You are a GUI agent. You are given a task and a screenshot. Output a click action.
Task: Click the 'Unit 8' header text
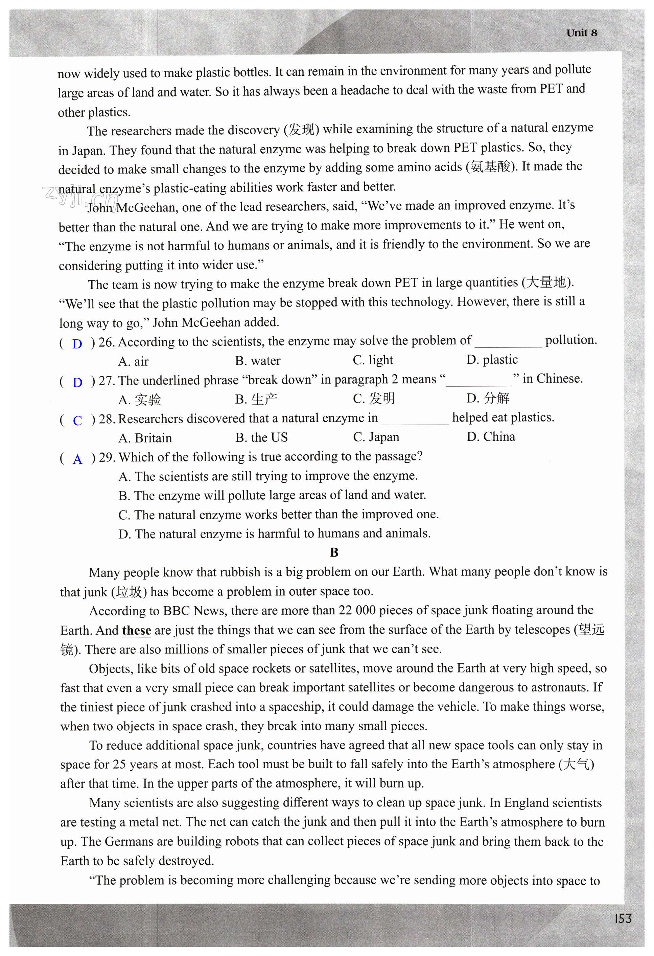(x=582, y=33)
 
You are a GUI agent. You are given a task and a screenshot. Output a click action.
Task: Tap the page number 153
(x=623, y=918)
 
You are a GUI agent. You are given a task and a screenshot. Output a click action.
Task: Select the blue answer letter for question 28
(x=77, y=420)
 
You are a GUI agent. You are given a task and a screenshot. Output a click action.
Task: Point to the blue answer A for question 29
(x=77, y=459)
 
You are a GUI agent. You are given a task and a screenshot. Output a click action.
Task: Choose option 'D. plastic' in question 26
(x=492, y=360)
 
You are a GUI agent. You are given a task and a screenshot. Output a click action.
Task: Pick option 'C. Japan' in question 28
(x=376, y=437)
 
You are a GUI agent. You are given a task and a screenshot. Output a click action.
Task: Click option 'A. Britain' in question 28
(x=145, y=438)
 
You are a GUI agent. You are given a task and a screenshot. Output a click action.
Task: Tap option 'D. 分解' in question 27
(x=488, y=398)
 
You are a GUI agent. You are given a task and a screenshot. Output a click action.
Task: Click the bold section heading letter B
(x=334, y=552)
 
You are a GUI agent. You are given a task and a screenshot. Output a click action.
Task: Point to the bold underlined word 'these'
(x=137, y=630)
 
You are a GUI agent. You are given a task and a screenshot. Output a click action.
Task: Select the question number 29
(x=107, y=457)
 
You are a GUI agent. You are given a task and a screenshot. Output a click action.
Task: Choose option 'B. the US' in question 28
(x=262, y=437)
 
